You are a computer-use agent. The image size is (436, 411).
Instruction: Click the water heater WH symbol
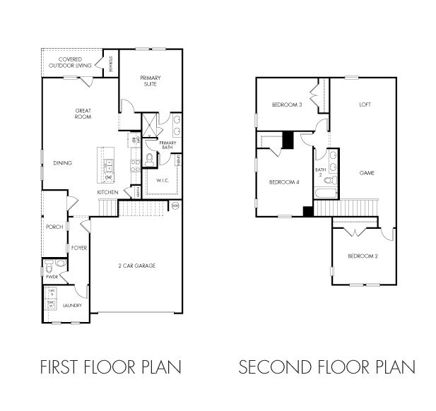coord(175,205)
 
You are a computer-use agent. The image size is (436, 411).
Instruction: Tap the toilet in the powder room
coord(49,267)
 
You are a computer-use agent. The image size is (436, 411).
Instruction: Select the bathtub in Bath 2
coord(326,192)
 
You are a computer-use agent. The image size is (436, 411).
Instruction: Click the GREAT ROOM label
coord(84,114)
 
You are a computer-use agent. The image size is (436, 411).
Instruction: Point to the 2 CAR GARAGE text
coord(136,266)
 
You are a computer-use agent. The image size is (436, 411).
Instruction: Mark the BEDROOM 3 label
coord(287,105)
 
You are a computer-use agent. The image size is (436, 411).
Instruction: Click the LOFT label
coord(365,105)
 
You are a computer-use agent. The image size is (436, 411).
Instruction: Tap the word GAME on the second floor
coord(366,172)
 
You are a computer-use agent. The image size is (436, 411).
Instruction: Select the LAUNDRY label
coord(72,306)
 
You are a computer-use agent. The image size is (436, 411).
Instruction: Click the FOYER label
coord(78,248)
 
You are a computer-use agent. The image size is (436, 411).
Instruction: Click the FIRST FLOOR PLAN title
coord(110,367)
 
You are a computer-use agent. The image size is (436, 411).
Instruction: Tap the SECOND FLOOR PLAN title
coord(326,367)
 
